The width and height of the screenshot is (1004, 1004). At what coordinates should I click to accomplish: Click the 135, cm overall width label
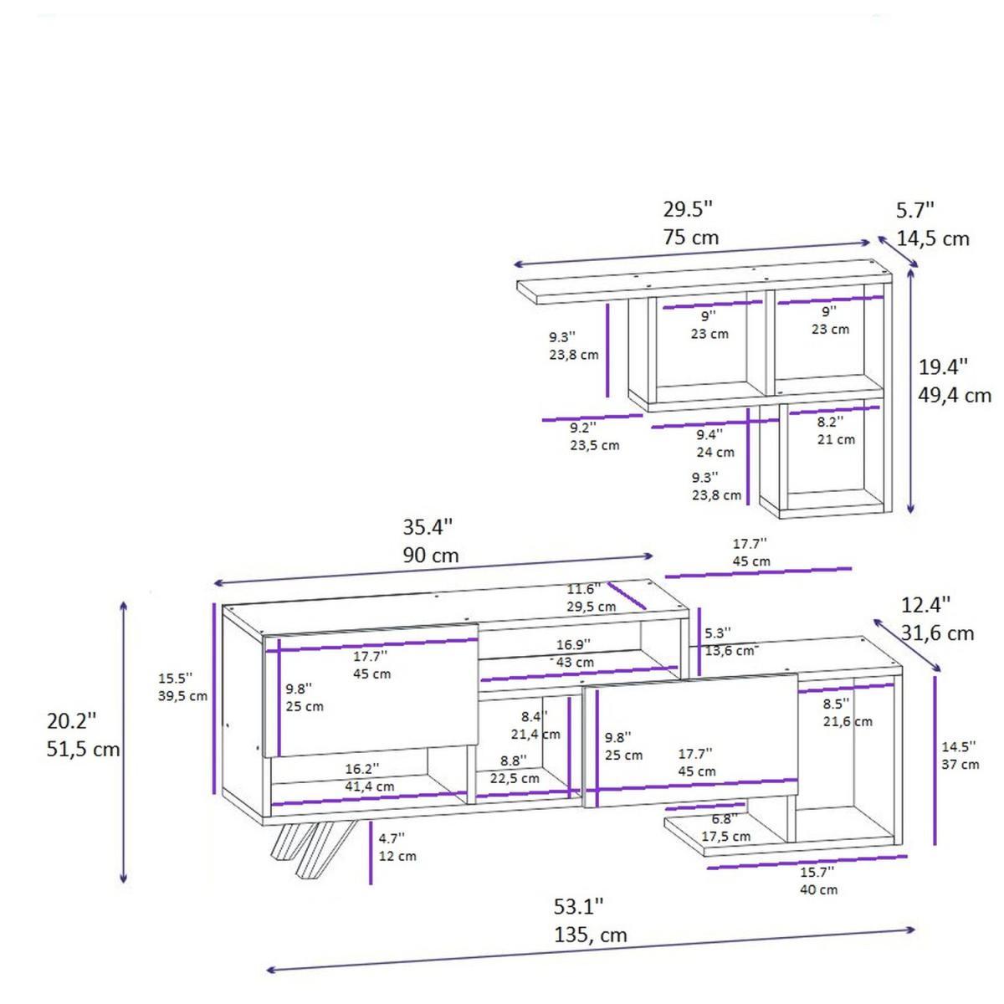pyautogui.click(x=590, y=935)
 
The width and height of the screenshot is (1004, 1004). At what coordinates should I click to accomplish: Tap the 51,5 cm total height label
pyautogui.click(x=84, y=749)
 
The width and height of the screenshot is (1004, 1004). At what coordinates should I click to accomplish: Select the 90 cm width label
pyautogui.click(x=430, y=555)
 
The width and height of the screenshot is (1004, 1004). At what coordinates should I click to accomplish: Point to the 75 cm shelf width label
pyautogui.click(x=691, y=237)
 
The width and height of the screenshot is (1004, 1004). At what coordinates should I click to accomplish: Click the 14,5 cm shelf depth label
pyautogui.click(x=933, y=238)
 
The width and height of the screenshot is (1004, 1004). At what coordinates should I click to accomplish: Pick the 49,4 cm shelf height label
pyautogui.click(x=955, y=396)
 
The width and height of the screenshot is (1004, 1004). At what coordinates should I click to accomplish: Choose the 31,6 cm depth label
pyautogui.click(x=937, y=633)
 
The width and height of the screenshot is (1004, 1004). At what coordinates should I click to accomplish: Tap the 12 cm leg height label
pyautogui.click(x=397, y=856)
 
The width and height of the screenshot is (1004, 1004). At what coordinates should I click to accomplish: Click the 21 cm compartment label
pyautogui.click(x=836, y=439)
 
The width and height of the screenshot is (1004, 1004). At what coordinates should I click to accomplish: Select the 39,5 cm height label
pyautogui.click(x=183, y=695)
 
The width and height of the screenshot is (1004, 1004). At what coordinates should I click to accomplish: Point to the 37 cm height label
pyautogui.click(x=960, y=765)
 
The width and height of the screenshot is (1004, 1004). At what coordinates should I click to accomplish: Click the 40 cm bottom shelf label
pyautogui.click(x=819, y=889)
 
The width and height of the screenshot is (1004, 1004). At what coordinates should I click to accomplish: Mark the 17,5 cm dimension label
pyautogui.click(x=725, y=836)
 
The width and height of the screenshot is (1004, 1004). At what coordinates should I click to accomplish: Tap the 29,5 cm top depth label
pyautogui.click(x=592, y=607)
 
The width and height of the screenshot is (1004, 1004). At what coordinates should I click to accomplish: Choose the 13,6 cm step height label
pyautogui.click(x=730, y=651)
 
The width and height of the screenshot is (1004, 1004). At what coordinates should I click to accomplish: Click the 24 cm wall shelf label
pyautogui.click(x=715, y=452)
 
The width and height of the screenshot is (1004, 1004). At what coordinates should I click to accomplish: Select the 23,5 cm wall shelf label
pyautogui.click(x=595, y=445)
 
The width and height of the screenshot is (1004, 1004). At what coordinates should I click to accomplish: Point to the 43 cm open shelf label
pyautogui.click(x=575, y=662)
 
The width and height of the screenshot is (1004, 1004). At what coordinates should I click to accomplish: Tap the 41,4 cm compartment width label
pyautogui.click(x=370, y=786)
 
